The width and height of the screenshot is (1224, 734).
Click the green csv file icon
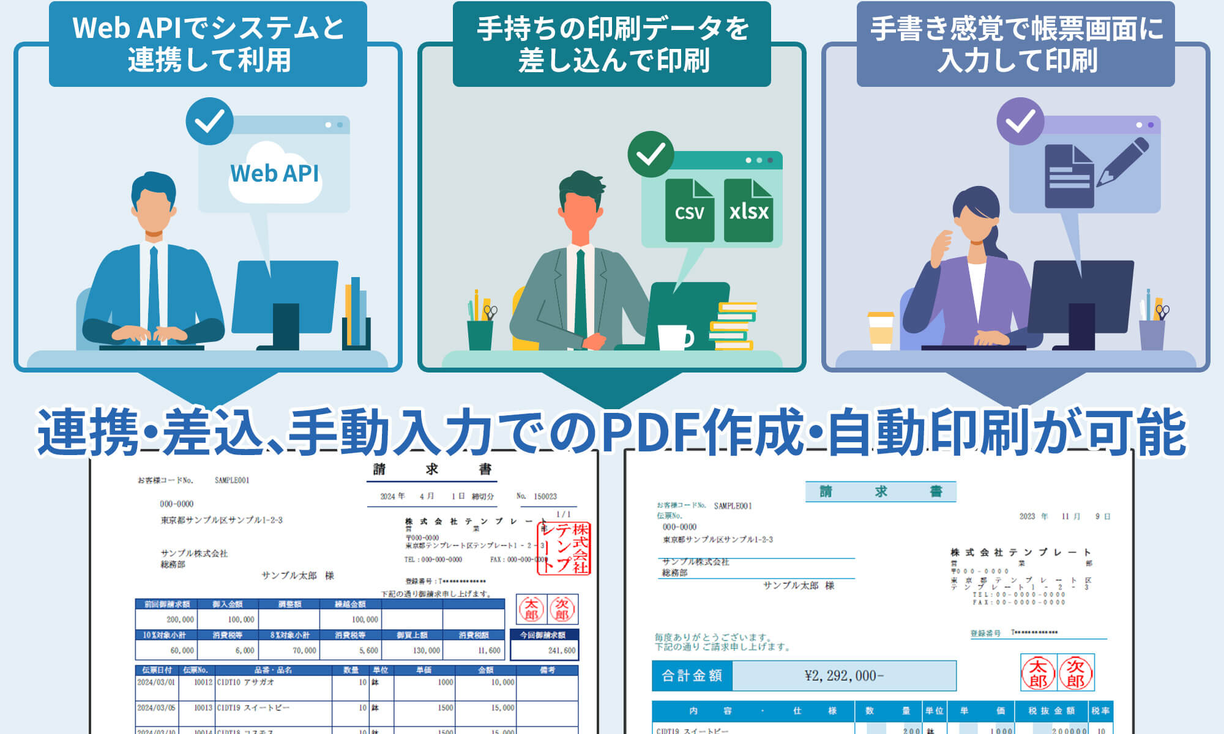(689, 210)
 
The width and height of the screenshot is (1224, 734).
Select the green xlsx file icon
(748, 210)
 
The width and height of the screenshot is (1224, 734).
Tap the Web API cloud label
(275, 174)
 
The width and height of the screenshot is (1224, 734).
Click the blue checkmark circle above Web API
(209, 121)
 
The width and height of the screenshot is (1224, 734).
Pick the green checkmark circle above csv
(651, 154)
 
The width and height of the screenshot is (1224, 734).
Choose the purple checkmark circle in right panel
(1020, 121)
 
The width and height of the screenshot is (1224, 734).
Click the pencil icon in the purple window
(1122, 161)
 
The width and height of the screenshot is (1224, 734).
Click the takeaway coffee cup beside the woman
(881, 330)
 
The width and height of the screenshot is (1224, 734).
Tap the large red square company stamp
(564, 548)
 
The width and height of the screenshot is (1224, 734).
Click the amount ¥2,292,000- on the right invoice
(844, 675)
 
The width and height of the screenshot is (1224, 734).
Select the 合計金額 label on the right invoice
(692, 675)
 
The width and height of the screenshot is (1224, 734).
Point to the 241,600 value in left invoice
(561, 650)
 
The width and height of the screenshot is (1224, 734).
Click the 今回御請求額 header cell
(544, 635)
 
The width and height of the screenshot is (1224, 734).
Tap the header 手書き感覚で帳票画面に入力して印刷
(1016, 44)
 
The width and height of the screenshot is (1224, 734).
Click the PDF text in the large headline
(651, 432)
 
